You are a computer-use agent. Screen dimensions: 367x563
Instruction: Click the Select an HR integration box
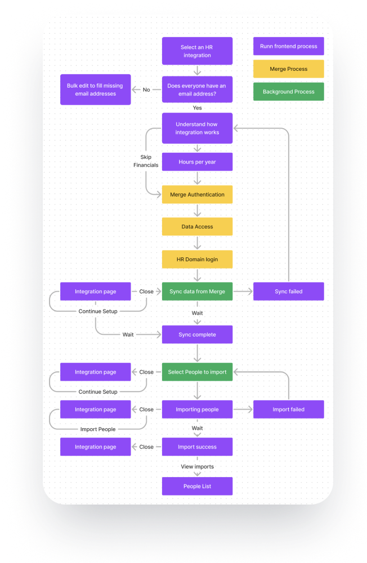[x=197, y=51]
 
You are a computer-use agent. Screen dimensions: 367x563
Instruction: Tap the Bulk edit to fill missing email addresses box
[x=95, y=89]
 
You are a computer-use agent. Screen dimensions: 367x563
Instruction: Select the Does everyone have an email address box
[x=197, y=89]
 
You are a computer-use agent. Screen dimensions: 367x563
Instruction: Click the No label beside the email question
[x=146, y=90]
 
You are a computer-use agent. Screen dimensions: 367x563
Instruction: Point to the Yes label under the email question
[x=197, y=108]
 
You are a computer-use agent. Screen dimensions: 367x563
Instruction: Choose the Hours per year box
[x=197, y=162]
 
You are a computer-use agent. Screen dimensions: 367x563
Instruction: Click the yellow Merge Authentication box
[x=197, y=194]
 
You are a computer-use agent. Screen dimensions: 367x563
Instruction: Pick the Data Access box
[x=197, y=226]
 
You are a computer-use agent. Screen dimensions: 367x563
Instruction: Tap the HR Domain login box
[x=197, y=259]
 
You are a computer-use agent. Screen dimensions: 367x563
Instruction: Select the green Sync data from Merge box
[x=197, y=292]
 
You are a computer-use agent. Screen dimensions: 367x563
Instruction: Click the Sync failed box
[x=289, y=292]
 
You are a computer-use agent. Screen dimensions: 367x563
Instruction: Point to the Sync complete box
[x=197, y=335]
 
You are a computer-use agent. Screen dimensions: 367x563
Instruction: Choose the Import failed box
[x=289, y=409]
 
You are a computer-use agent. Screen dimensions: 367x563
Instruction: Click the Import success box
[x=197, y=447]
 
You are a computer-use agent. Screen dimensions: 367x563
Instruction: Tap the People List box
[x=197, y=486]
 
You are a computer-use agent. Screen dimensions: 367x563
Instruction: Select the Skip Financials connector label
[x=146, y=161]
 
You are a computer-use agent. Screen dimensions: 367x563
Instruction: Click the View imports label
[x=197, y=466]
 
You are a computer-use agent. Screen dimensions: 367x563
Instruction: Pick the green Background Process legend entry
[x=289, y=92]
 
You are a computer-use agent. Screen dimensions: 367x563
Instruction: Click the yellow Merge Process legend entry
[x=289, y=69]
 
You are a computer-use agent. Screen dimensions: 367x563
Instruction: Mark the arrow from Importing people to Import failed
[x=243, y=409]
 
